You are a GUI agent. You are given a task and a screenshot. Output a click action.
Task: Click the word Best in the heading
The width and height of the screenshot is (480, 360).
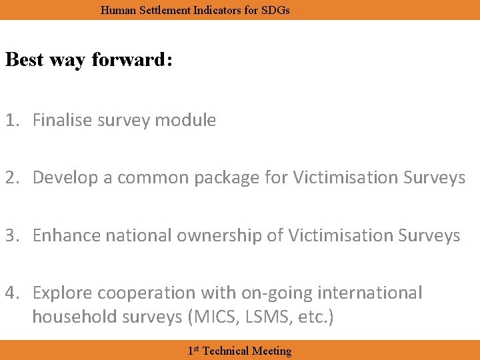tap(25, 59)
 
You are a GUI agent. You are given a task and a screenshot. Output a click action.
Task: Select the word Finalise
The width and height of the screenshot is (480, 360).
tap(63, 121)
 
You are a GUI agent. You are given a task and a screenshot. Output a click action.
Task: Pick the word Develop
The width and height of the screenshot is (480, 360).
tap(61, 178)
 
